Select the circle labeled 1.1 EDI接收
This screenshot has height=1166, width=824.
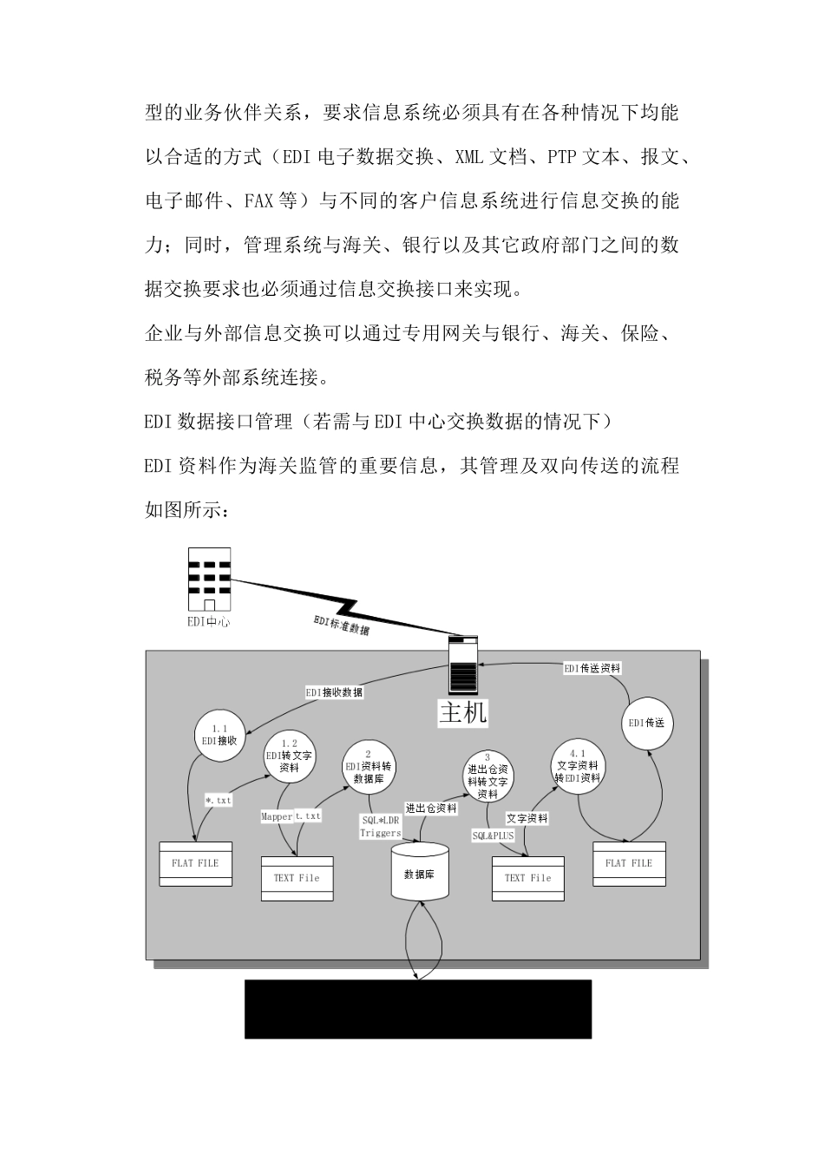point(219,736)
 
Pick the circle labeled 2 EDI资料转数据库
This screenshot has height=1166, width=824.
point(369,766)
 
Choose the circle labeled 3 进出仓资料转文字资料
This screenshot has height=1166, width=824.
point(487,776)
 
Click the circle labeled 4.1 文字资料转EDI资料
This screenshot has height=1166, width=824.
point(578,766)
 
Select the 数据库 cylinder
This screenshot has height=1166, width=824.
point(421,874)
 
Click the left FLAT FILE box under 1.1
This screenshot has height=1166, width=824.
point(195,863)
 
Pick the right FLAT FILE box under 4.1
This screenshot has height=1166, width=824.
point(629,863)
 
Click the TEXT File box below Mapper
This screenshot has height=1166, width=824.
point(297,878)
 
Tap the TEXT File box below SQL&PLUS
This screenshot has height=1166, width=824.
point(528,878)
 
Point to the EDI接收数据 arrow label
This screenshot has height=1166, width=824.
point(334,692)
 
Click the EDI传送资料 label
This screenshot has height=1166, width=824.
point(592,668)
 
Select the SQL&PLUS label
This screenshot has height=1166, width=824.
point(493,835)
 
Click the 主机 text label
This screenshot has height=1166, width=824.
point(463,713)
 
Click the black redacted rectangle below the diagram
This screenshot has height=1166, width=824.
point(417,1009)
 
